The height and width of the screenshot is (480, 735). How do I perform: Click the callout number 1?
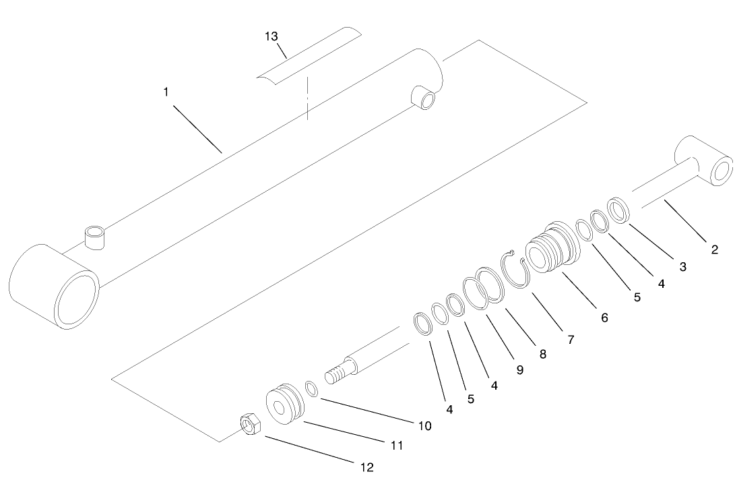coord(166,91)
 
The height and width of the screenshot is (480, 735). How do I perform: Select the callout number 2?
coord(714,249)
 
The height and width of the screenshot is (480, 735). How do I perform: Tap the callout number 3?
coord(682,267)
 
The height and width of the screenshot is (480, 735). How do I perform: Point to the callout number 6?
coord(604,317)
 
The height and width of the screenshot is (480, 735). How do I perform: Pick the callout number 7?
coord(571,340)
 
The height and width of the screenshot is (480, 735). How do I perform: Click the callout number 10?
coord(424,426)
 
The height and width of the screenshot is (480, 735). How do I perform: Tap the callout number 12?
coord(368,467)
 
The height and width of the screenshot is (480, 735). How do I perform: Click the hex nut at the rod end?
coord(251,425)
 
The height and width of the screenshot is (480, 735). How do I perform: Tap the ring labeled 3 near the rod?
coord(618,210)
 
